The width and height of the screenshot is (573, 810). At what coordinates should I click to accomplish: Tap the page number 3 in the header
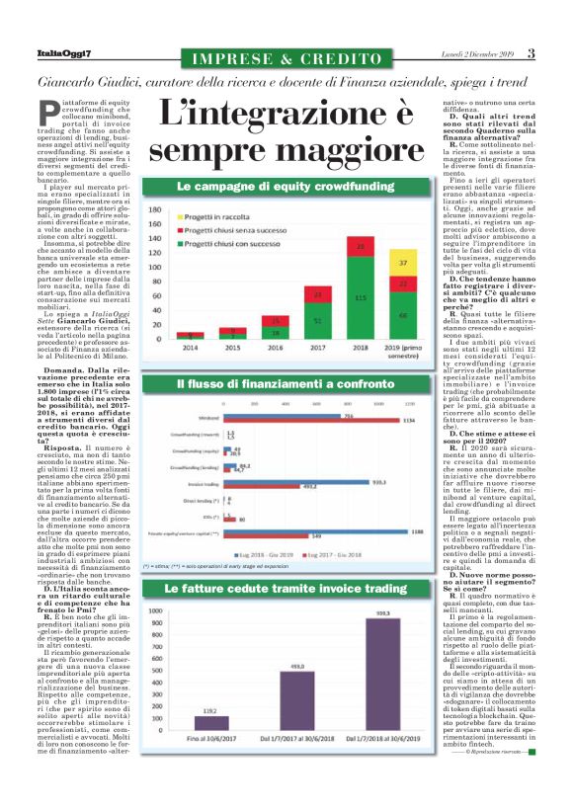tap(531, 52)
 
